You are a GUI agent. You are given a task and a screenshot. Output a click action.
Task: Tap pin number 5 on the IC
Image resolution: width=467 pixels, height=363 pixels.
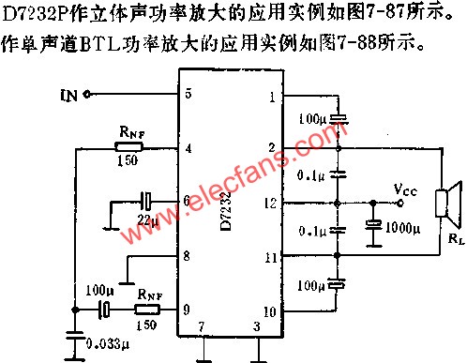click(188, 93)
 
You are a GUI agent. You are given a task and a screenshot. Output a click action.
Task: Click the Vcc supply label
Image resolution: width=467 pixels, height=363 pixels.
click(406, 190)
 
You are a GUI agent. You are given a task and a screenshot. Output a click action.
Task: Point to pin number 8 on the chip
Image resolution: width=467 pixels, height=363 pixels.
click(188, 255)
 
